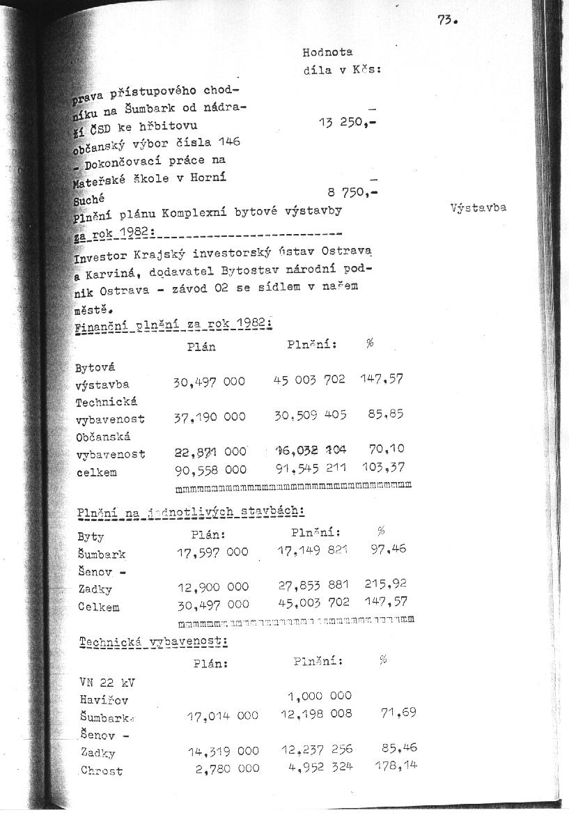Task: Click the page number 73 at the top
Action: coord(446,20)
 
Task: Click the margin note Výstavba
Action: coord(478,208)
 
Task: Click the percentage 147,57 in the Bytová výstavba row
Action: coord(382,380)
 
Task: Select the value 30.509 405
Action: coord(310,414)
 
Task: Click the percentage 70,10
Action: coord(387,450)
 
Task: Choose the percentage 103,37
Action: coord(384,467)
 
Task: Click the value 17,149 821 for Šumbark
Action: coord(313,551)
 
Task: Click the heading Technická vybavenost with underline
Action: coord(153,641)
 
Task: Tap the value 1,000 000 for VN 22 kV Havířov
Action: coord(320,695)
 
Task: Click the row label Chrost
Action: coord(102,770)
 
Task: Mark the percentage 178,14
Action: coord(397,766)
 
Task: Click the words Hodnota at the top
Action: coord(327,52)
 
